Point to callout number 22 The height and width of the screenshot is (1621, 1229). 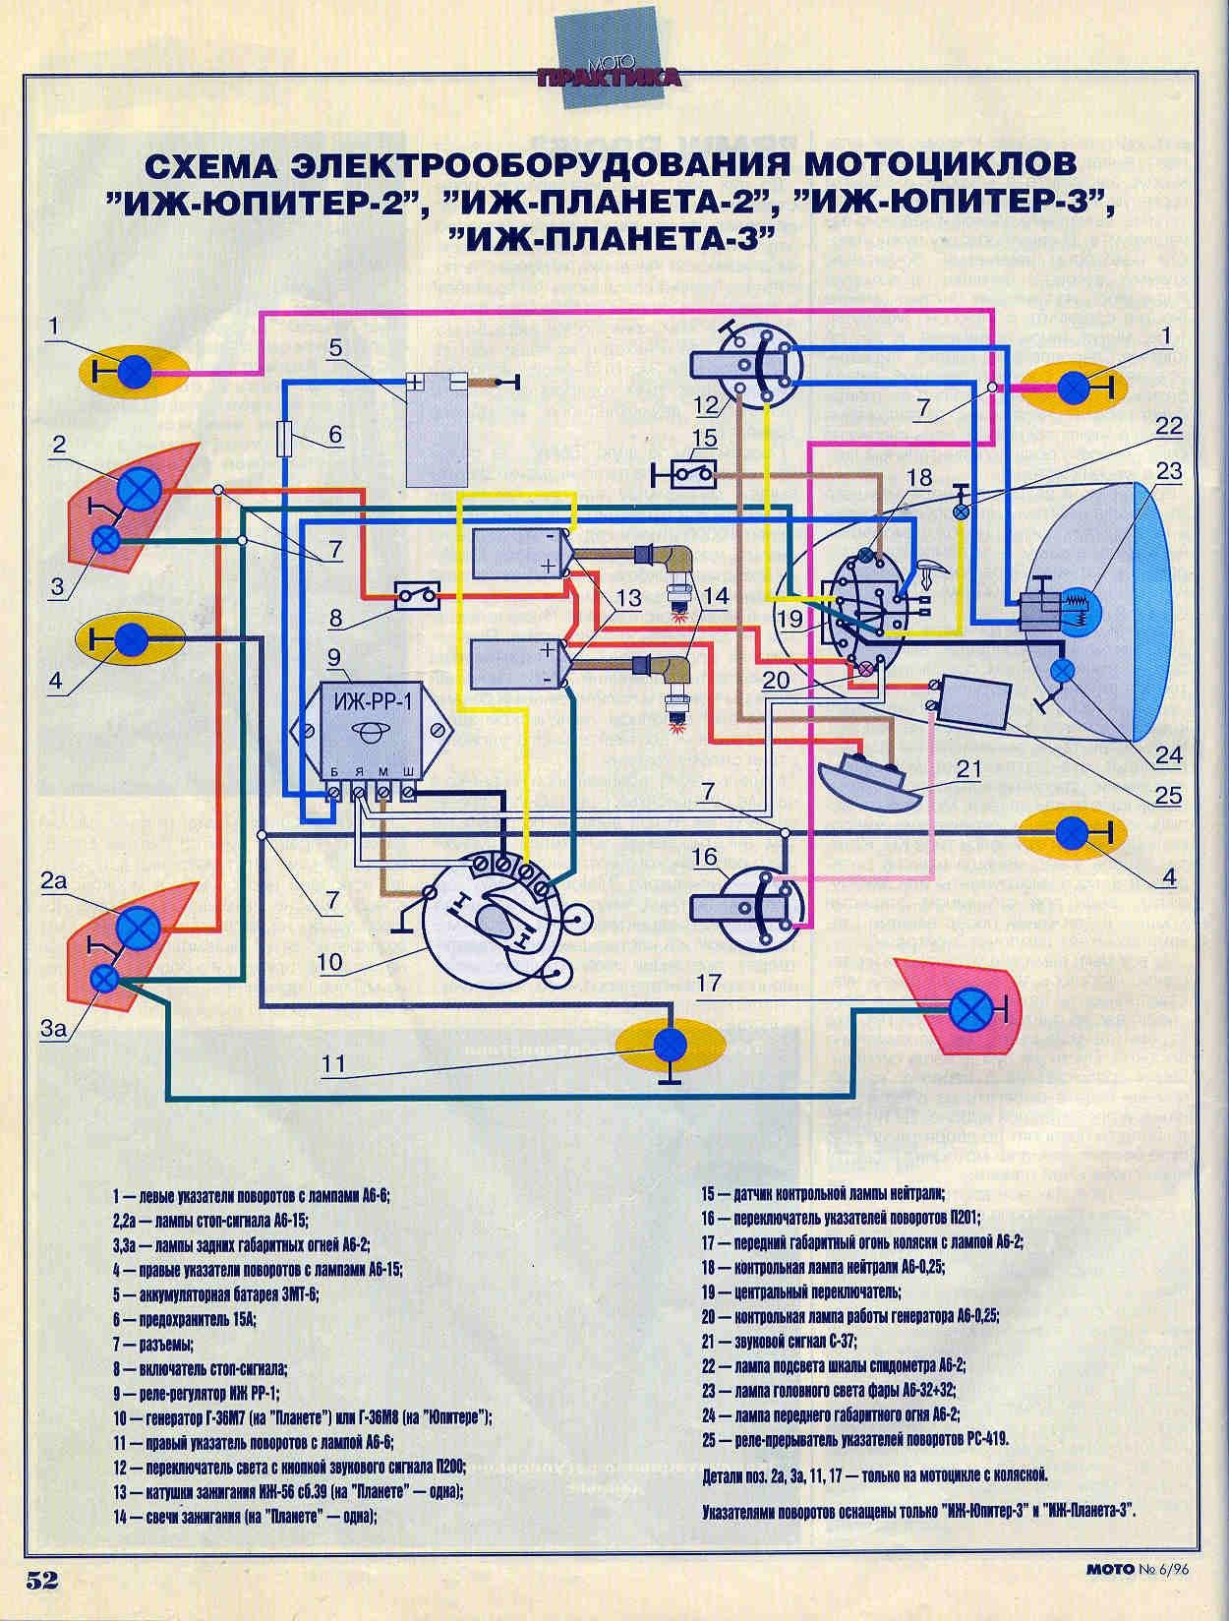tap(1168, 426)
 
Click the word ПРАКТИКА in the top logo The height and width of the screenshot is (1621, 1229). tap(610, 78)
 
